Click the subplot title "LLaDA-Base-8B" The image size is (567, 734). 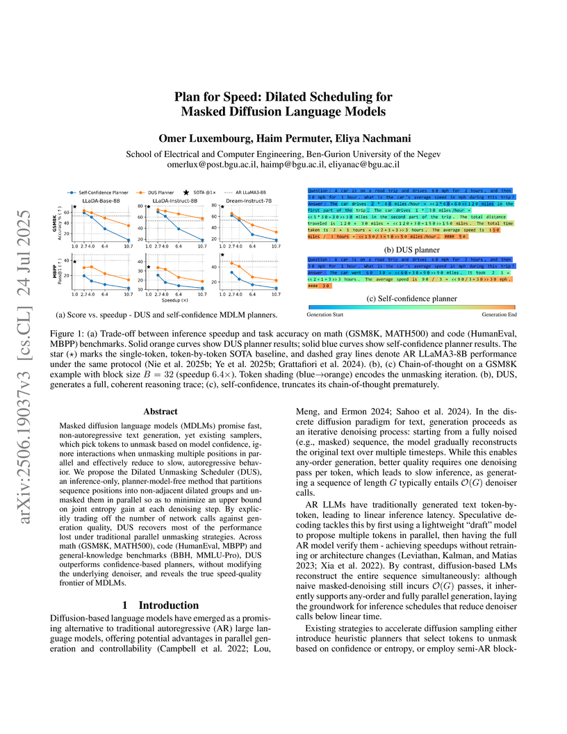pos(100,202)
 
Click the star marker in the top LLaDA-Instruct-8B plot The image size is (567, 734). pos(149,208)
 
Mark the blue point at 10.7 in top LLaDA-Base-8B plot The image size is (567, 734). pos(129,239)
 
